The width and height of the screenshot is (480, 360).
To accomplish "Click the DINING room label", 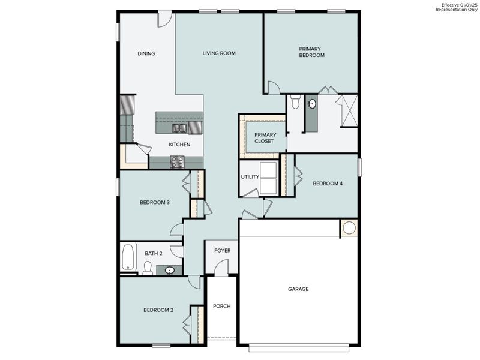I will pos(146,53).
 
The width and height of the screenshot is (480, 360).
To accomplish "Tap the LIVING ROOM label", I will pos(218,53).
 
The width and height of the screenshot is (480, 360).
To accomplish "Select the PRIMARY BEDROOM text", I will pos(312,52).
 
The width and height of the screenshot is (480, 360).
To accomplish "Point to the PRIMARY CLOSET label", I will pos(264,138).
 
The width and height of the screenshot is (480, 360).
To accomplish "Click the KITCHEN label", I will pos(179,145).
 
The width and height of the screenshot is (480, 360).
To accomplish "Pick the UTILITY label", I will pos(250,177).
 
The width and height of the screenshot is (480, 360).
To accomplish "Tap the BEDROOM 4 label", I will pos(328,184).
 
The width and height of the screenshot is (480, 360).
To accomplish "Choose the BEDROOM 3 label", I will pos(155,202).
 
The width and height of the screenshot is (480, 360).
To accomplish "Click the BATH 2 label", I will pos(153,253).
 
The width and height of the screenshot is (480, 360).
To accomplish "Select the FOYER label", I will pos(222,251).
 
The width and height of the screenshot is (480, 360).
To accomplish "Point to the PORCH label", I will pos(221,306).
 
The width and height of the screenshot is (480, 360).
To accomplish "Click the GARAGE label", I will pos(298,289).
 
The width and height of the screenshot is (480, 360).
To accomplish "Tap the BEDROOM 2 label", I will pos(158,310).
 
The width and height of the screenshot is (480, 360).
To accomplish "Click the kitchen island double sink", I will pos(179,128).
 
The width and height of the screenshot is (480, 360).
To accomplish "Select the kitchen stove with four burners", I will pos(177,161).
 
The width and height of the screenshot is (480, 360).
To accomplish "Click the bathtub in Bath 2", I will pos(128,257).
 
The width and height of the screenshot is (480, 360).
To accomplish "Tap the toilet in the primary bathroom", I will pos(295,103).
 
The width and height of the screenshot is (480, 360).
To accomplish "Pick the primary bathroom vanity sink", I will pos(312,104).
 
